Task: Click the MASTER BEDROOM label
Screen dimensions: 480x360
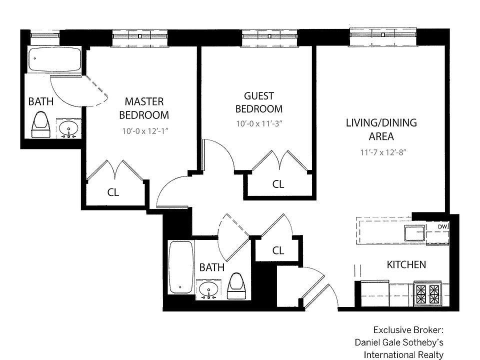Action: pos(144,108)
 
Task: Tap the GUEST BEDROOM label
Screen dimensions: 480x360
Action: pos(259,102)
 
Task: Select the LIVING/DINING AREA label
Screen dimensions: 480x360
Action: pos(381,129)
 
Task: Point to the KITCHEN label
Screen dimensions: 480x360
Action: pos(406,264)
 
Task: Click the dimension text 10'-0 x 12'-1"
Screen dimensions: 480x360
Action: pos(145,131)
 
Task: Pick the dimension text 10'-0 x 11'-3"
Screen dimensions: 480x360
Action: pos(259,123)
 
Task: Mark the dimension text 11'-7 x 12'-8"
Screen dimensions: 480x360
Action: pos(383,152)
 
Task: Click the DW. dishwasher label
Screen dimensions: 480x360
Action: pos(443,227)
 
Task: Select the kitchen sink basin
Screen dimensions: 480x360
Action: pos(415,233)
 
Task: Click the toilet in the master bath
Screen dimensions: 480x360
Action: pos(40,125)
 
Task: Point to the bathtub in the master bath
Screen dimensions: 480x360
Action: pos(55,59)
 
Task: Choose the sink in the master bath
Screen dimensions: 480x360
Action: pos(68,128)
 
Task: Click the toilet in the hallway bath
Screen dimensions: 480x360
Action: pos(237,286)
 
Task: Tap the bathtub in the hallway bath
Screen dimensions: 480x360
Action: pos(181,267)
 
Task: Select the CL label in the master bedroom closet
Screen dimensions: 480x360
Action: pos(113,192)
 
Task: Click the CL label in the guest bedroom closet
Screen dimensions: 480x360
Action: pos(278,184)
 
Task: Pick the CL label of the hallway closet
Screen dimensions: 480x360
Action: pos(278,250)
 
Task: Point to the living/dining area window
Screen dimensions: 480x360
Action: pos(383,36)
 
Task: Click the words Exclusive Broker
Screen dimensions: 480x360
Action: pos(408,330)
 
